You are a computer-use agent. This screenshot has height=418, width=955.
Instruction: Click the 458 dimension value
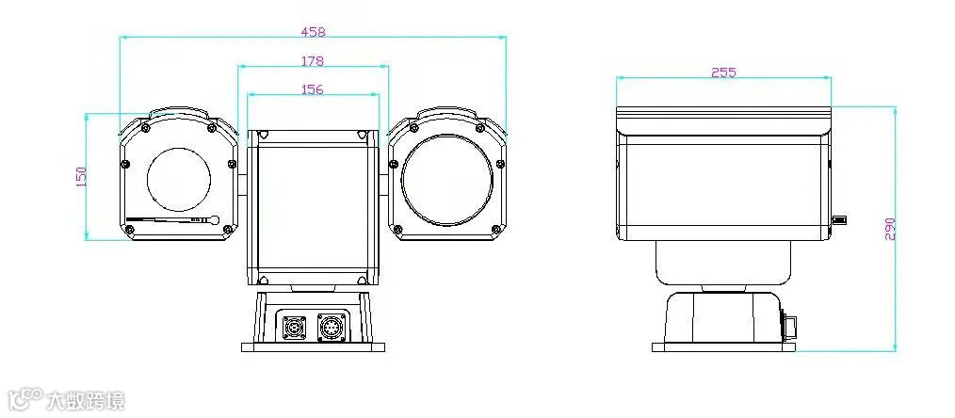pos(313,32)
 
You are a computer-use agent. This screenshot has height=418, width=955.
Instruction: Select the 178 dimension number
pos(313,61)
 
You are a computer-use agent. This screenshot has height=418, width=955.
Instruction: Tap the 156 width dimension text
pos(313,89)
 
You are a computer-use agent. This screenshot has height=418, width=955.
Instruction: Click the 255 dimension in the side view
pos(723,72)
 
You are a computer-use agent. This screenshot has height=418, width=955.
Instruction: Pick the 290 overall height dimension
pos(890,229)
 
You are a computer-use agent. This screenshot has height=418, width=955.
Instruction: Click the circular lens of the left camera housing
pos(178,179)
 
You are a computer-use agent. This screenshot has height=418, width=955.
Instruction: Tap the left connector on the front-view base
pos(293,328)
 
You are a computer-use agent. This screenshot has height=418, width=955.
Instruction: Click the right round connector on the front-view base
pos(332,327)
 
